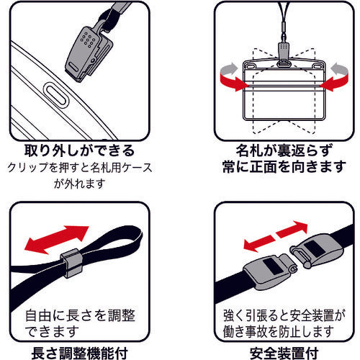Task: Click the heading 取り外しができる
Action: tap(79, 150)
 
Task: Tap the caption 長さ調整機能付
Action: tap(79, 354)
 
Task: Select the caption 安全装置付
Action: tap(284, 354)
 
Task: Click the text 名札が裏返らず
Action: tap(284, 150)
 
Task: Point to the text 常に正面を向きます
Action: tap(284, 166)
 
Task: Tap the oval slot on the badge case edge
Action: tap(55, 94)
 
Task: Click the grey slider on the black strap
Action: tap(71, 263)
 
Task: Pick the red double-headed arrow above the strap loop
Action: tap(57, 240)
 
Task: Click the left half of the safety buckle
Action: tap(270, 271)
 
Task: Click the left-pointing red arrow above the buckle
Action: tap(258, 243)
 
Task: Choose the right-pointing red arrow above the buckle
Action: tap(292, 229)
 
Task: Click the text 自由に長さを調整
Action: tap(80, 315)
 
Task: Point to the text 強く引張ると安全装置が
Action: tap(284, 315)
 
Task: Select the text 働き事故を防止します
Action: tap(279, 331)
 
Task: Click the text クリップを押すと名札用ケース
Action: tap(80, 168)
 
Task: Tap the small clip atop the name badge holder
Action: tap(284, 54)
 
